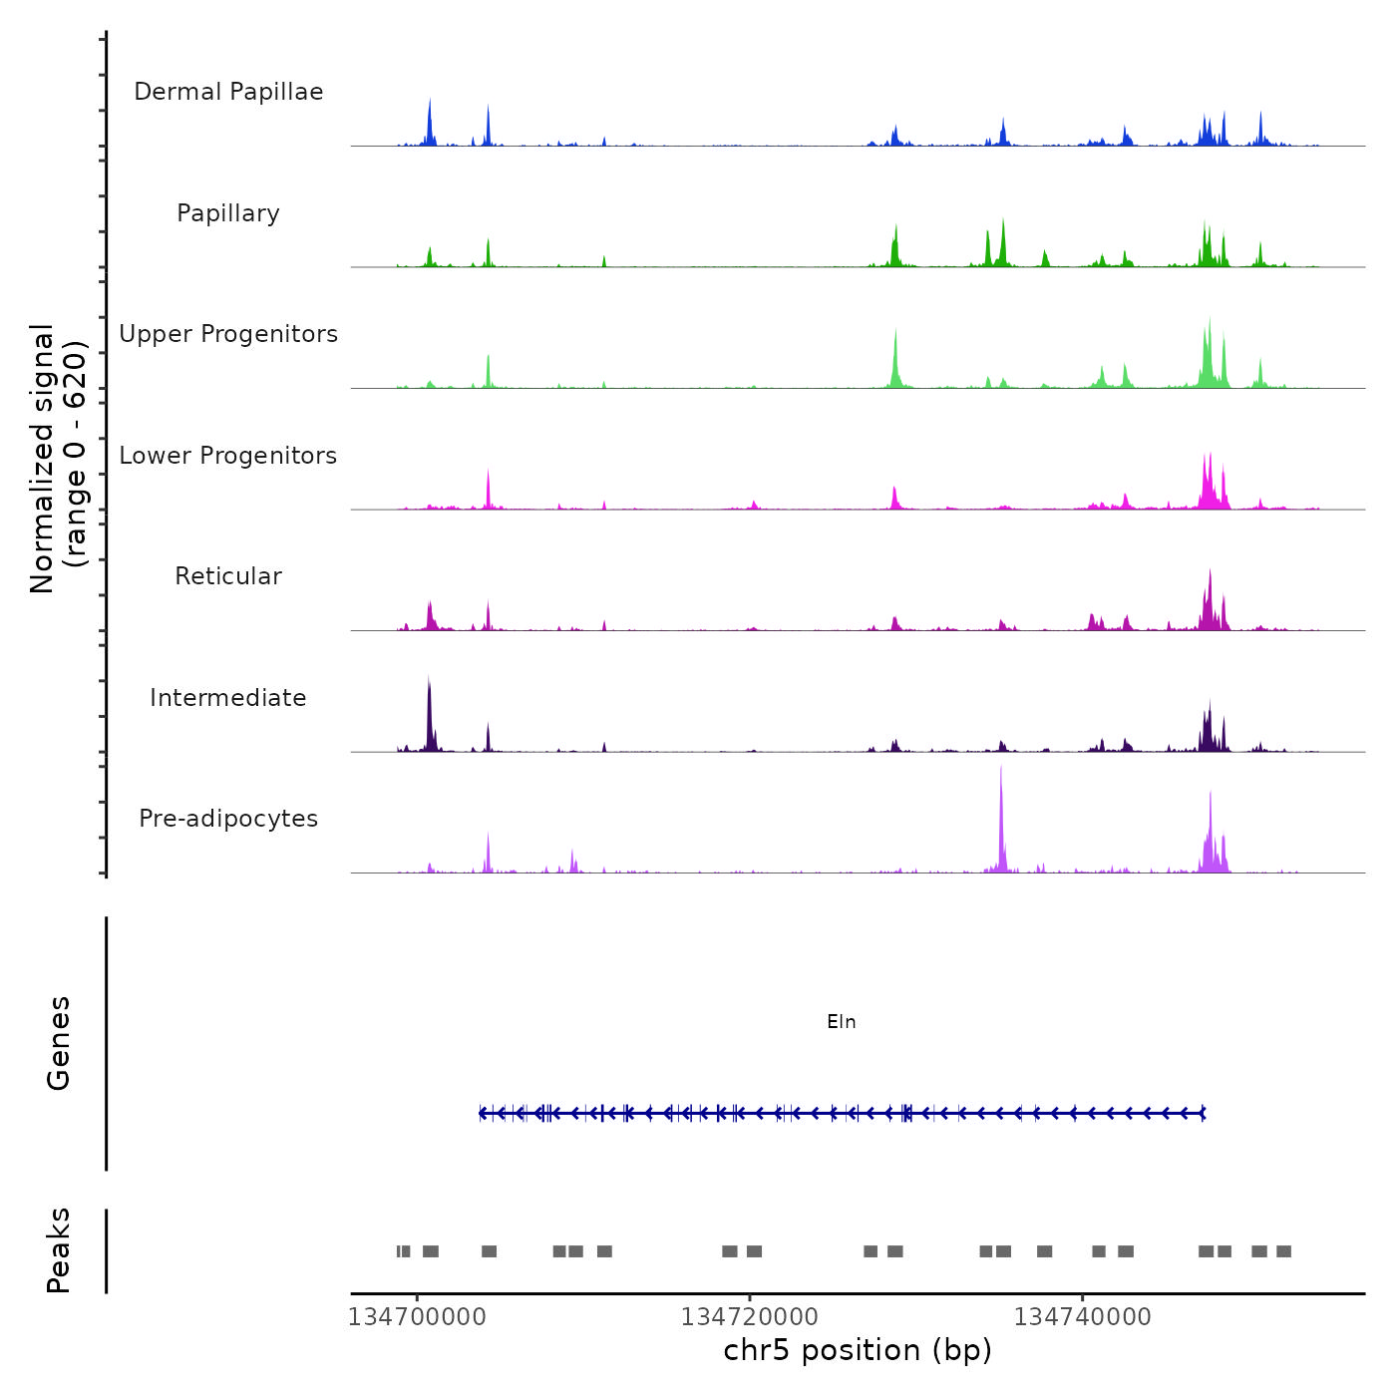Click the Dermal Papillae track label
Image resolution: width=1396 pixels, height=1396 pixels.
point(228,92)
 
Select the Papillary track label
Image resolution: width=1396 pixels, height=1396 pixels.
point(228,213)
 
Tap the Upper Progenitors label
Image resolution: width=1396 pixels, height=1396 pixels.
point(228,334)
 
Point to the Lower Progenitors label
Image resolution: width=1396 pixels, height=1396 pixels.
point(228,456)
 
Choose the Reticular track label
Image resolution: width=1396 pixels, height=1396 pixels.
point(228,576)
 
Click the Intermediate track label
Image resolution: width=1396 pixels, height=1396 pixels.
point(228,698)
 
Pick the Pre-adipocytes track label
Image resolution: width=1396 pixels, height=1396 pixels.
point(228,819)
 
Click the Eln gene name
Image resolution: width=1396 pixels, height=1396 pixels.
point(842,1022)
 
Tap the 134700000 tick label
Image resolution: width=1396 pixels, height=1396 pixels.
point(417,1317)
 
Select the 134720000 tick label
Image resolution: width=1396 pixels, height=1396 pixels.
point(750,1317)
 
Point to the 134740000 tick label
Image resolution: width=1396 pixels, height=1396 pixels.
point(1083,1317)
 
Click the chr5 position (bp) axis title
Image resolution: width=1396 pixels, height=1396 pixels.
point(858,1350)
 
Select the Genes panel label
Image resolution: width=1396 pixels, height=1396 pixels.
point(59,1043)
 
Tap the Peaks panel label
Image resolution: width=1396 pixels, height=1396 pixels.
point(59,1250)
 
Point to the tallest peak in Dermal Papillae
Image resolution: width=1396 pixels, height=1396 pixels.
point(430,101)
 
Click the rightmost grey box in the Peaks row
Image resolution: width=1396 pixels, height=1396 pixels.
point(1283,1251)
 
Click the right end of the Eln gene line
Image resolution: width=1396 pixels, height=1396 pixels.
point(1204,1113)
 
